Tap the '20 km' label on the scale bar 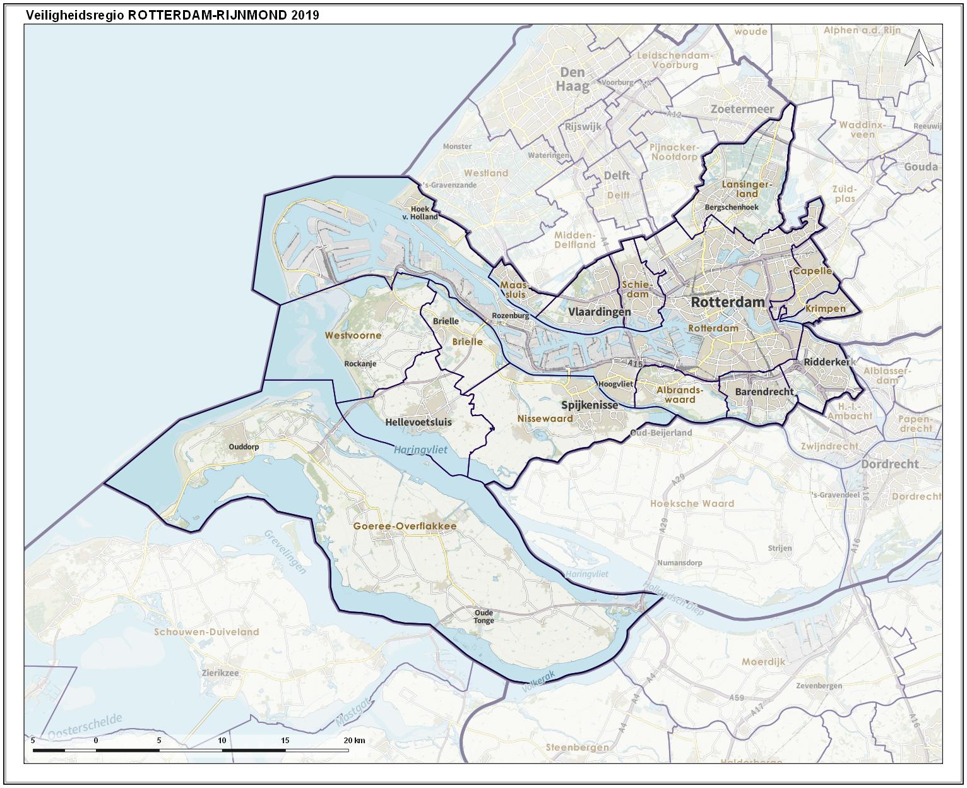click(x=353, y=741)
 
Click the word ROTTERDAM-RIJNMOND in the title click(x=208, y=15)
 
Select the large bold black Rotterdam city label click(x=727, y=302)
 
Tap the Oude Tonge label click(x=484, y=616)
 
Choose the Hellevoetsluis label click(x=418, y=421)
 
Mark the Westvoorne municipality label click(x=353, y=335)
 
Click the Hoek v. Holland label click(x=424, y=213)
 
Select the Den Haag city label click(x=572, y=80)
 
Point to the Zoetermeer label click(x=742, y=109)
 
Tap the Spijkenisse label click(x=590, y=405)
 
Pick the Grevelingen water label click(x=285, y=552)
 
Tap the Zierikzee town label click(x=220, y=673)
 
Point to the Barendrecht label click(x=764, y=392)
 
